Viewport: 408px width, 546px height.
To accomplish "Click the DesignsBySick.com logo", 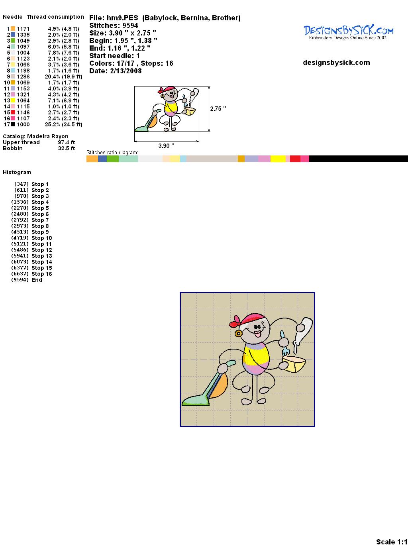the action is (348, 32).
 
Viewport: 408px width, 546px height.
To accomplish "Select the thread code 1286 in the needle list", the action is (24, 77).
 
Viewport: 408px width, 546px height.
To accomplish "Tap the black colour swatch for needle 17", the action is (13, 124).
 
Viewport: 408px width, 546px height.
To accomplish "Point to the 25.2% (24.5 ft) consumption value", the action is (63, 124).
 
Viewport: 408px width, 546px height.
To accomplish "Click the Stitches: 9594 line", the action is (114, 26).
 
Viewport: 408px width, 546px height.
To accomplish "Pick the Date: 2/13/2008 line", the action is (116, 71).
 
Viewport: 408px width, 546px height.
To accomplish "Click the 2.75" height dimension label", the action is (218, 109).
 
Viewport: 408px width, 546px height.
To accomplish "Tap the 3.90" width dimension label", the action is (166, 145).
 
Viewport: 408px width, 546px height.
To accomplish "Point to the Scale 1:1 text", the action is (392, 542).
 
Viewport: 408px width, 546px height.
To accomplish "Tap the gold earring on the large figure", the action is (238, 333).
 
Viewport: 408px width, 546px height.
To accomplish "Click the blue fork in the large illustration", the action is (284, 344).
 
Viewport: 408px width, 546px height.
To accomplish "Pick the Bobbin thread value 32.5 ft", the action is (67, 148).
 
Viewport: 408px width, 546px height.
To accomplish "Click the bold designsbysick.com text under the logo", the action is (336, 63).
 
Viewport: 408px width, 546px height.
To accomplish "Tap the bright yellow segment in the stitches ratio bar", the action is (278, 159).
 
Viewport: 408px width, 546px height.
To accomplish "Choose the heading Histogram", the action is (17, 172).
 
